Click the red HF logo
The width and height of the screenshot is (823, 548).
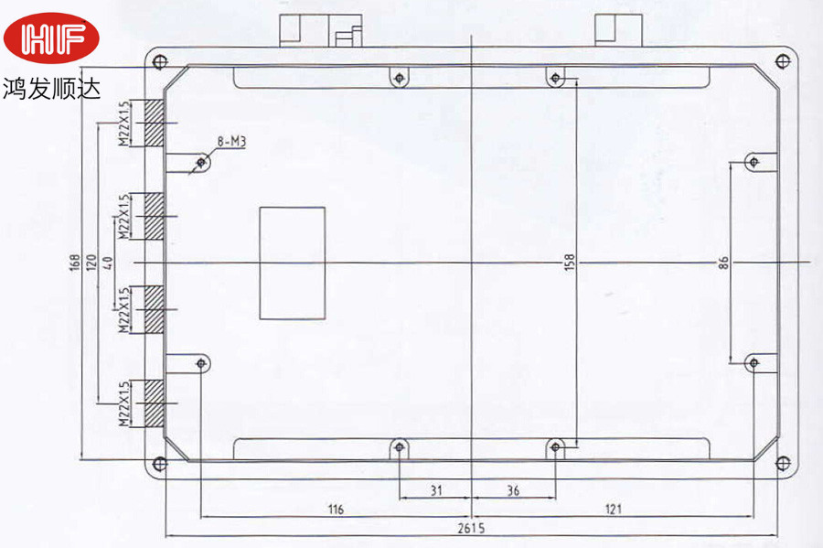point(51,38)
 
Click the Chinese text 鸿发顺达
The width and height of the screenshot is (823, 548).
point(51,89)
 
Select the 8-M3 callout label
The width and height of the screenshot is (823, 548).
point(231,142)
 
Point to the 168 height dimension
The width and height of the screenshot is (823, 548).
point(75,263)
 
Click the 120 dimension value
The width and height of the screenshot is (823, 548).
point(91,263)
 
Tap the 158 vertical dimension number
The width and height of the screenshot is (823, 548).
point(570,263)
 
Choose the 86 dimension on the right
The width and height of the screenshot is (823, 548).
point(723,263)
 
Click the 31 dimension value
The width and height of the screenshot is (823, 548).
point(436,490)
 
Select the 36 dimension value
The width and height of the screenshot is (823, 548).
point(513,490)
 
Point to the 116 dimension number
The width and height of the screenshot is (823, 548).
point(336,509)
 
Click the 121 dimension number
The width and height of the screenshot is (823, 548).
point(613,509)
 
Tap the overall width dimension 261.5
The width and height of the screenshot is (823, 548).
point(471,528)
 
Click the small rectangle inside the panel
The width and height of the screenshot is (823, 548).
point(293,263)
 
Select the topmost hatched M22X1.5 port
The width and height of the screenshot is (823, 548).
point(155,123)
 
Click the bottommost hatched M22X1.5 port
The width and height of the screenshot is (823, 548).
point(155,403)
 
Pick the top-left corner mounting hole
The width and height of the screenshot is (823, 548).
point(160,62)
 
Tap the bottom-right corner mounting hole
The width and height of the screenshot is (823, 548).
point(783,463)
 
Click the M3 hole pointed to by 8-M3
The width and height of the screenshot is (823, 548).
point(201,162)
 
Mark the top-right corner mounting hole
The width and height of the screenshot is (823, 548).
point(783,61)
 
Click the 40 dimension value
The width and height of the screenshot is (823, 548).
point(108,263)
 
